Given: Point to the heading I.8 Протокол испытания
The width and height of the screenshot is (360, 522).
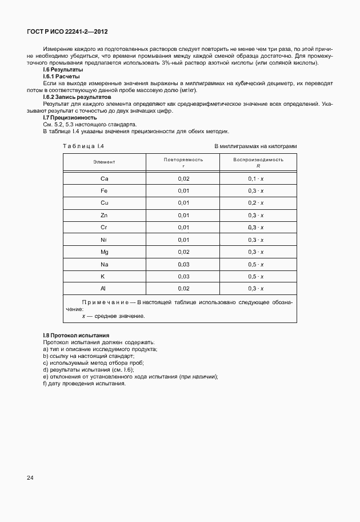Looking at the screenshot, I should click(x=76, y=335).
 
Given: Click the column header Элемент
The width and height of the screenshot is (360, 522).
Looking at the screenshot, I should click(x=104, y=162).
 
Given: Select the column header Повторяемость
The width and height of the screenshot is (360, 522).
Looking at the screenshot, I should click(x=183, y=160).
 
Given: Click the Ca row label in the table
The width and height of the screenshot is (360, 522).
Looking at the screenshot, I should click(x=104, y=179).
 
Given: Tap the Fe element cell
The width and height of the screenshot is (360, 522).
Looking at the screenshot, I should click(x=104, y=190).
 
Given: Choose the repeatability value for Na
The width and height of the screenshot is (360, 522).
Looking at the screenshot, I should click(x=183, y=264).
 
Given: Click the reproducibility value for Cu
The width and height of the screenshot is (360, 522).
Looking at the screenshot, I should click(x=255, y=203).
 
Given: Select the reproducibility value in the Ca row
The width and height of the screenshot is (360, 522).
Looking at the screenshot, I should click(x=255, y=179).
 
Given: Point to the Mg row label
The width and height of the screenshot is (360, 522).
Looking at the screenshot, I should click(x=104, y=252).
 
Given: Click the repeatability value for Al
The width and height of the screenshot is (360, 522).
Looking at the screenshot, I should click(x=183, y=289).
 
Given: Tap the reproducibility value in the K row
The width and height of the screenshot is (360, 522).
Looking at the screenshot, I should click(x=255, y=276).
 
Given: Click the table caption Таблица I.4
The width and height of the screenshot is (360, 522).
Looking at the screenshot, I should click(x=83, y=146).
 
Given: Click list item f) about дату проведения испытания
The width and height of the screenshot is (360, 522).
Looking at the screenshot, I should click(x=84, y=383).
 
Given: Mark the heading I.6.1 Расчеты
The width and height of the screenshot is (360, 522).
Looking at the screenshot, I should click(x=61, y=76).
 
